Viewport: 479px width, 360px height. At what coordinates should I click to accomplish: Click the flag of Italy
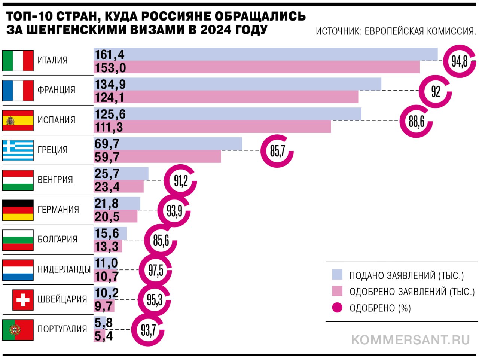pos(18,61)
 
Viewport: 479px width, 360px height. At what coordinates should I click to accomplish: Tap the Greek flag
pos(18,150)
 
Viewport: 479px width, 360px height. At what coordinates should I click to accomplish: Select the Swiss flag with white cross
pos(23,300)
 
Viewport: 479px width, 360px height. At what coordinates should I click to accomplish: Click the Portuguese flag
pos(18,330)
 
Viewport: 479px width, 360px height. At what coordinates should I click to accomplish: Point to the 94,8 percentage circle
pos(459,61)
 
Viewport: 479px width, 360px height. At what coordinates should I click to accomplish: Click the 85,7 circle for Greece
pos(277,151)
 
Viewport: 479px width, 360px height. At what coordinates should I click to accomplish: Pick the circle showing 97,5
pos(155,270)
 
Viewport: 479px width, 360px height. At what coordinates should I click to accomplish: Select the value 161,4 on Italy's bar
pos(110,55)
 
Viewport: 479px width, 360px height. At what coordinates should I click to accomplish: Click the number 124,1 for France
pos(110,98)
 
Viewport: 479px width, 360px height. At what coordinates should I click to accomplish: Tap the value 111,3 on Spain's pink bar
pos(109,128)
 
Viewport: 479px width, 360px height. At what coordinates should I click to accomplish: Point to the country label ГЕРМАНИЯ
pos(58,210)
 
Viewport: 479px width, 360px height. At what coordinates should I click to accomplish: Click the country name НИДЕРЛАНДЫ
pos(64,269)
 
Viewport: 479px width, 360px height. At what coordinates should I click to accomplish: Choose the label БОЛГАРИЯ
pos(58,240)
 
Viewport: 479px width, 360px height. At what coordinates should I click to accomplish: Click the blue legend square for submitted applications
pos(337,275)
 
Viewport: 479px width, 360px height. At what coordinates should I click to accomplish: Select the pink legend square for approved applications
pos(337,291)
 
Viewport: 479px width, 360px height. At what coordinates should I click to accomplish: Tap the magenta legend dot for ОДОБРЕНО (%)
pos(337,308)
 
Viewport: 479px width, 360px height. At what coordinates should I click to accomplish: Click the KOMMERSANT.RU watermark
pos(411,340)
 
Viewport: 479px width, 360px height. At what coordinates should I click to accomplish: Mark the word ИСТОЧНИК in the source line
pos(338,31)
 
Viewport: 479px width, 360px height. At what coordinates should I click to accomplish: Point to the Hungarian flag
pos(18,180)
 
